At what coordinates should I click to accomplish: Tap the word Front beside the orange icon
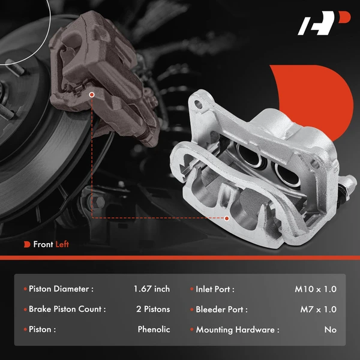tap(43, 244)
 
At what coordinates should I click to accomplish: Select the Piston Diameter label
tap(61, 289)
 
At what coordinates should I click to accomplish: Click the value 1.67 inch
tap(152, 289)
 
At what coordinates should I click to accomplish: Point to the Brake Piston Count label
tap(67, 310)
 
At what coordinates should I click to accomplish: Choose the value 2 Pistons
tap(153, 310)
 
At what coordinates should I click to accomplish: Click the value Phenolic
tap(154, 329)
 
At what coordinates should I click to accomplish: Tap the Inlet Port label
tap(215, 289)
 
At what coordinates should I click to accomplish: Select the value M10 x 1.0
tap(316, 289)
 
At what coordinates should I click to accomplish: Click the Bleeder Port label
tap(221, 310)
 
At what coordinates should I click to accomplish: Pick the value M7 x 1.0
tap(318, 310)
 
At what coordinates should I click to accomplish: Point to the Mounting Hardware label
tap(238, 329)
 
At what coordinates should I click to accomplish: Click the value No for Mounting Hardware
tap(330, 329)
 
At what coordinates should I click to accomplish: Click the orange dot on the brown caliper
tap(91, 94)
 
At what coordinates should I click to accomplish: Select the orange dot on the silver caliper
tap(226, 218)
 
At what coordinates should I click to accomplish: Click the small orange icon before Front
tap(27, 244)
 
